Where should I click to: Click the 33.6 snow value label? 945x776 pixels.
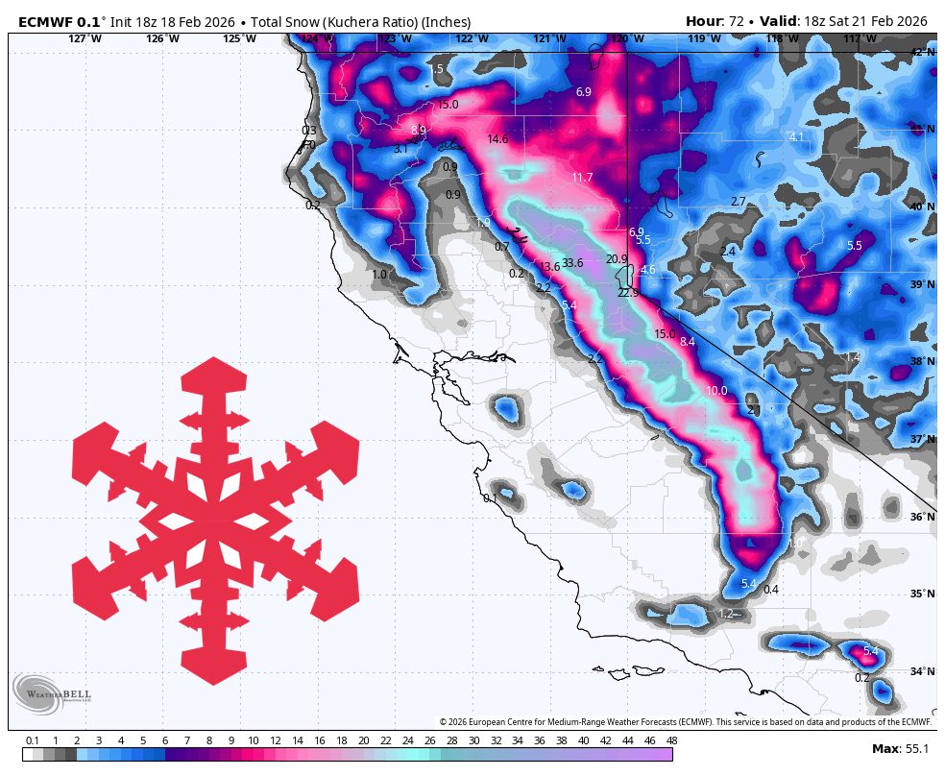tap(572, 263)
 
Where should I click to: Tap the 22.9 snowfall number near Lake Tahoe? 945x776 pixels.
tap(628, 292)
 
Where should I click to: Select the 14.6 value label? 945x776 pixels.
tap(497, 139)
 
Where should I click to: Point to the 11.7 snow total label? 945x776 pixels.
tap(582, 178)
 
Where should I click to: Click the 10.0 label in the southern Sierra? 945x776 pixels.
tap(716, 391)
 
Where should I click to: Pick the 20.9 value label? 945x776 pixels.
tap(617, 259)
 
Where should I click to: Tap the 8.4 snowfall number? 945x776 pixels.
tap(687, 342)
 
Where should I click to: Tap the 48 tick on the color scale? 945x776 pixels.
tap(669, 740)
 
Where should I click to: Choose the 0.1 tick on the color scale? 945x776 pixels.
tap(32, 740)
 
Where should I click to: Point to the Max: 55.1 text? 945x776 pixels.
tap(901, 748)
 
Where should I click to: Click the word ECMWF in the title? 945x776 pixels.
tap(47, 21)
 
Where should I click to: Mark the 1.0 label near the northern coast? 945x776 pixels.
tap(379, 275)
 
